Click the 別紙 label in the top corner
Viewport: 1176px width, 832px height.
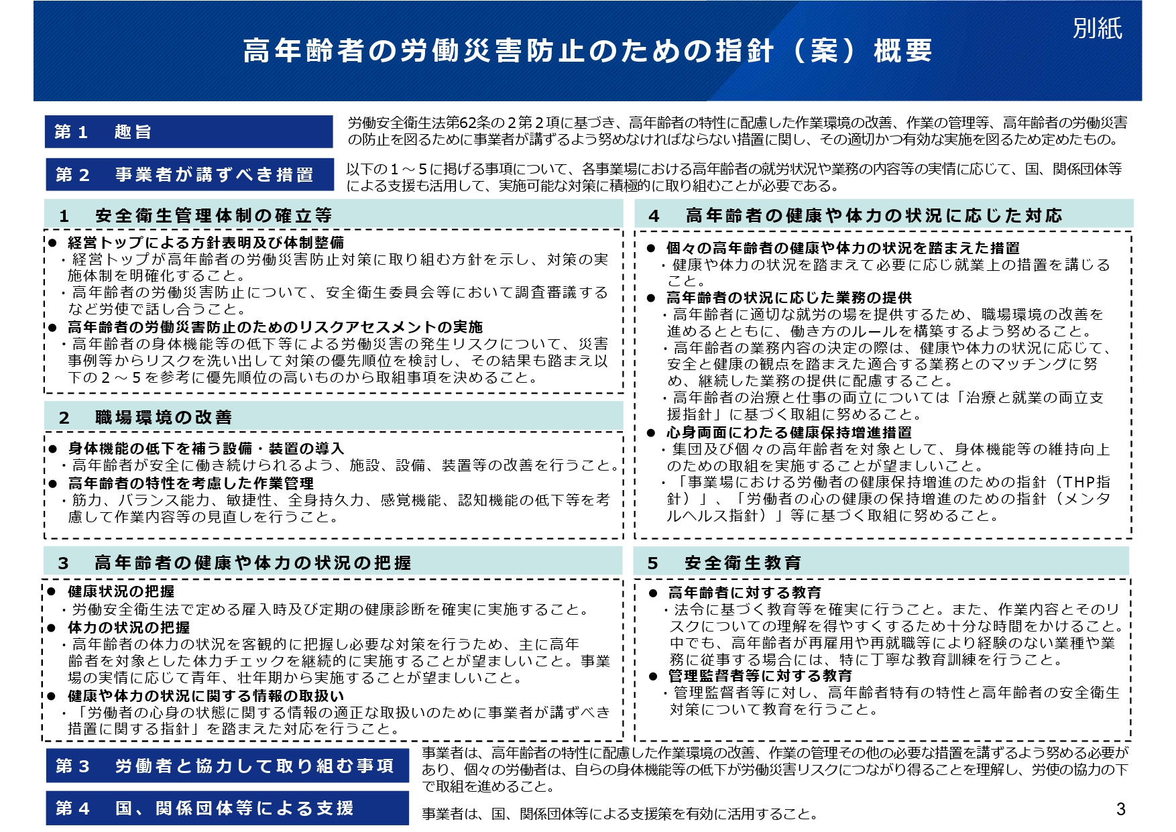coord(1097,28)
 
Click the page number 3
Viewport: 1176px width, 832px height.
coord(1120,809)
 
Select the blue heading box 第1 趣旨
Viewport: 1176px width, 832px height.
coord(188,131)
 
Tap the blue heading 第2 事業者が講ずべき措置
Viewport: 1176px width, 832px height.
coord(189,174)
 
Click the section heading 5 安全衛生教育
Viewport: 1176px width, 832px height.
coord(743,562)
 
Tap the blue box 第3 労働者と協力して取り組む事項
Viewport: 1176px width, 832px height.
coord(227,766)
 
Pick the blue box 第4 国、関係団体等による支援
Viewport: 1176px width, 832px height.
coord(227,808)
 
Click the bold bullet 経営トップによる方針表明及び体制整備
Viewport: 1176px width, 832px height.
coord(206,243)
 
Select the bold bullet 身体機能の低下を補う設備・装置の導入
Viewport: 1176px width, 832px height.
coord(206,449)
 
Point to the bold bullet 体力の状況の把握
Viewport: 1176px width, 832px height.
coord(129,628)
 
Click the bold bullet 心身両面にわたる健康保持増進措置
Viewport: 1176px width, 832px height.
coord(789,432)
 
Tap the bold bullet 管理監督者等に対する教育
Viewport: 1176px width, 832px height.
coord(760,676)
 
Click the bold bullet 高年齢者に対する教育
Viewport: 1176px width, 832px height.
coord(744,593)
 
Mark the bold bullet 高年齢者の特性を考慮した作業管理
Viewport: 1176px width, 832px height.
coord(190,483)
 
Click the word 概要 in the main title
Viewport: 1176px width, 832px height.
coord(902,51)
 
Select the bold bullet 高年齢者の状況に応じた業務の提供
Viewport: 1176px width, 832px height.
coord(789,298)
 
